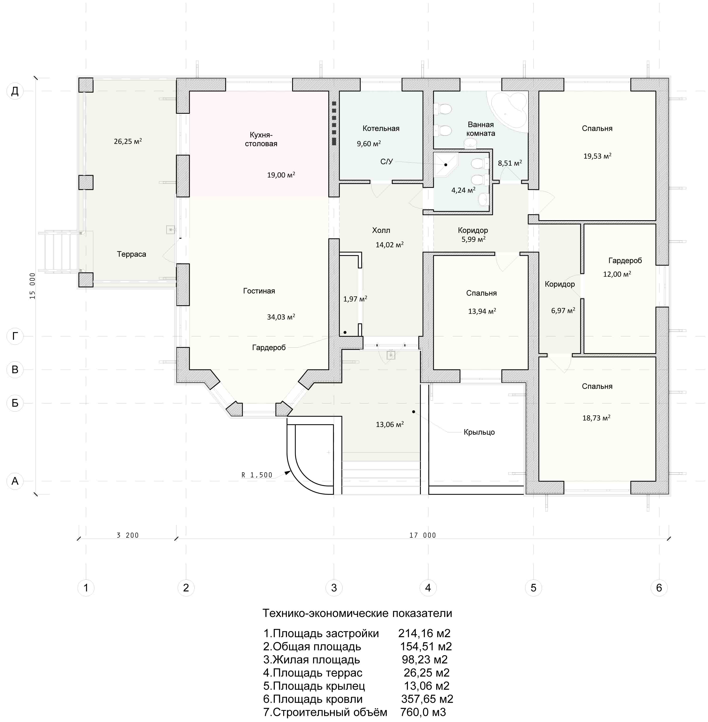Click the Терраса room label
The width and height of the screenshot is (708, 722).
[x=131, y=254]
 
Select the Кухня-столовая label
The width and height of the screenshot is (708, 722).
[x=261, y=139]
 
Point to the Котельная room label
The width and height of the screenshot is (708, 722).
[x=381, y=128]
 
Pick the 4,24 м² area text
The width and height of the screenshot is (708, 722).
[x=463, y=190]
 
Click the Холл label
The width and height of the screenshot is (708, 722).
[x=381, y=230]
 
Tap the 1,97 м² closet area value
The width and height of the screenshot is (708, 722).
[x=355, y=299]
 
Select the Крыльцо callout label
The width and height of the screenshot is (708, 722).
[x=479, y=432]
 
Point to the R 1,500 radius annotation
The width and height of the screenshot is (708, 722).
[x=257, y=475]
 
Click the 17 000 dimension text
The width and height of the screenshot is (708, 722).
[x=423, y=535]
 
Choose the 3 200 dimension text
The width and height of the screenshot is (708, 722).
[x=128, y=535]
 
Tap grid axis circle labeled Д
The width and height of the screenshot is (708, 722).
[x=15, y=91]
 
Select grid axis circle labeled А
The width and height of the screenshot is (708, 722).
[x=15, y=481]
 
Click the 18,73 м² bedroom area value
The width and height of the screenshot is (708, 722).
[x=596, y=418]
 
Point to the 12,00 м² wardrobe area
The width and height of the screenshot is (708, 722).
[x=617, y=274]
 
